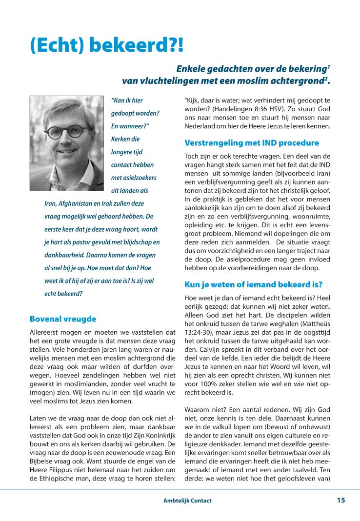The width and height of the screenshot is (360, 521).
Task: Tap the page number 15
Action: [x=341, y=501]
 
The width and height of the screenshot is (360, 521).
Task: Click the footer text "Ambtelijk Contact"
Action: [x=187, y=501]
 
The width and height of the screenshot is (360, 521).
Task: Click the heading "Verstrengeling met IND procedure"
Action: [x=252, y=143]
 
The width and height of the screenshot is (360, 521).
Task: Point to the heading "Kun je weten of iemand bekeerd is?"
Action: [x=254, y=284]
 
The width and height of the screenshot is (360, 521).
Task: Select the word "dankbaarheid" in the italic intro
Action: [x=62, y=255]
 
